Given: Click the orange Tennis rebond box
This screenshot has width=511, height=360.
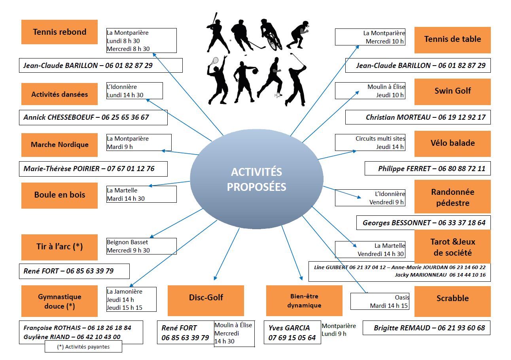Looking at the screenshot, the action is point(59,32).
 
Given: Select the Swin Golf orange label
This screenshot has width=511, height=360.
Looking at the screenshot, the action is point(452,92).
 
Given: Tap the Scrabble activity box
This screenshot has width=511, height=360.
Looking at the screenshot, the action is point(452,301).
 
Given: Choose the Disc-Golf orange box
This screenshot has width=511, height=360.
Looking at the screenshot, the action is point(206,300).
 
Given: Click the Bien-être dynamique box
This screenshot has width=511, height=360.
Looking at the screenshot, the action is point(304,300).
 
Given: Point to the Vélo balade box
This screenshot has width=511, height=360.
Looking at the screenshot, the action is point(452,143).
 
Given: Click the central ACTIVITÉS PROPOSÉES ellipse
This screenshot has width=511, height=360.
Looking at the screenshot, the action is point(256,179).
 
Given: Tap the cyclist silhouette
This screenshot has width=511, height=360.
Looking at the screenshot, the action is point(271,35).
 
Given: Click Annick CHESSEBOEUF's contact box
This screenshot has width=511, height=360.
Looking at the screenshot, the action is point(93,117).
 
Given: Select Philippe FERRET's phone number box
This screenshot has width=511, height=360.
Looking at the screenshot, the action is point(428,168).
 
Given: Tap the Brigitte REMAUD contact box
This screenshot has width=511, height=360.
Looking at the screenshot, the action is point(426,328).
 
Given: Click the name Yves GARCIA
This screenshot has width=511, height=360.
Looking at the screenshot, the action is point(289,328).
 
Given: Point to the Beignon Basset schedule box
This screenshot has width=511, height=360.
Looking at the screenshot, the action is point(142,246).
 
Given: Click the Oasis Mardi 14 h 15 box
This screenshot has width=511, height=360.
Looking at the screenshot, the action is point(380,301).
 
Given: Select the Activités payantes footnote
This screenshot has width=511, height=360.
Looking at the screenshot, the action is point(83,347).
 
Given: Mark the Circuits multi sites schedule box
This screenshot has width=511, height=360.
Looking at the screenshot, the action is point(370,143).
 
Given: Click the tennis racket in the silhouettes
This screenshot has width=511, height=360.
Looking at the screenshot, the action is point(214,61).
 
